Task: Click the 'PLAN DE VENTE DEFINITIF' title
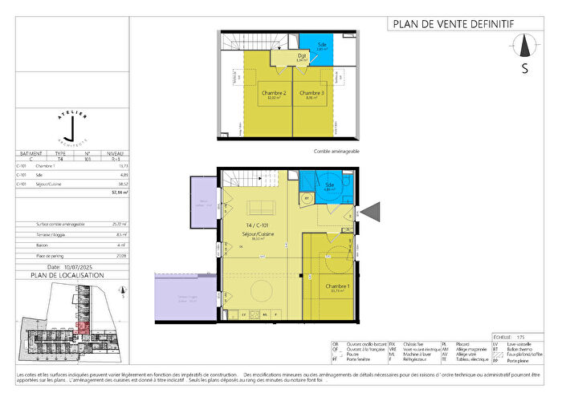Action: point(451,23)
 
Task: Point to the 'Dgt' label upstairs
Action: point(280,55)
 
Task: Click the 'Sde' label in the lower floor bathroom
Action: point(330,185)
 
